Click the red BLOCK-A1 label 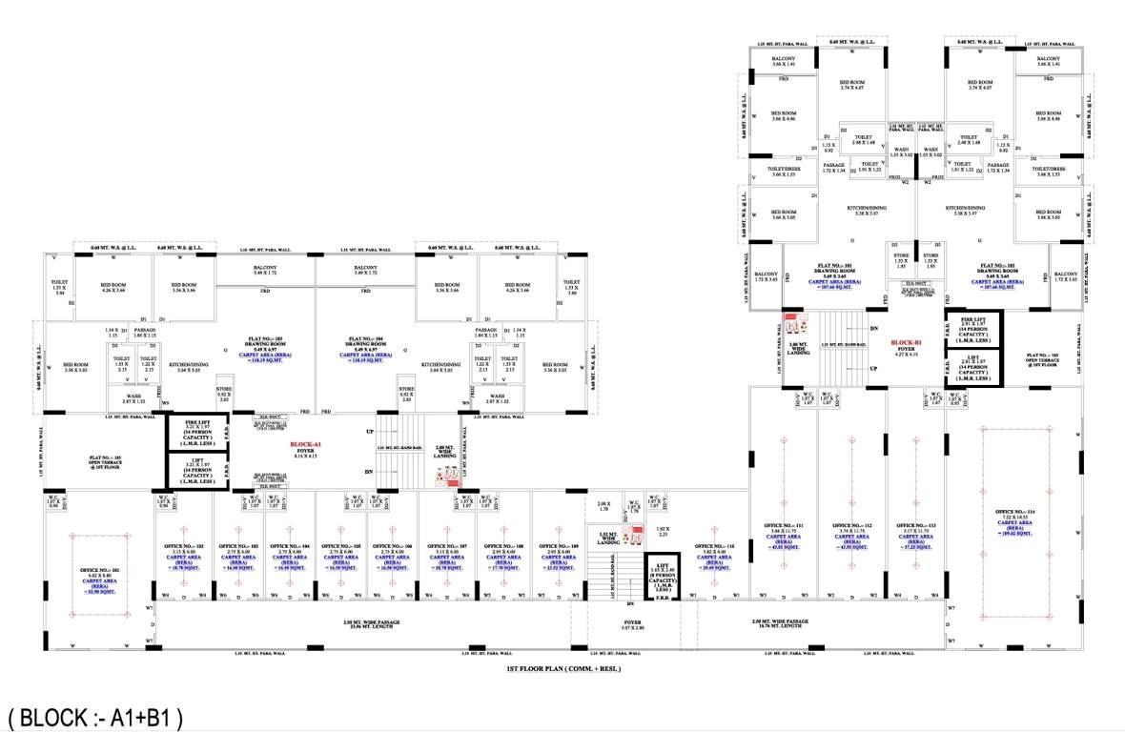coord(306,444)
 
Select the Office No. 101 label coord(94,571)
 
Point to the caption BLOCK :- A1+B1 coord(95,715)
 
